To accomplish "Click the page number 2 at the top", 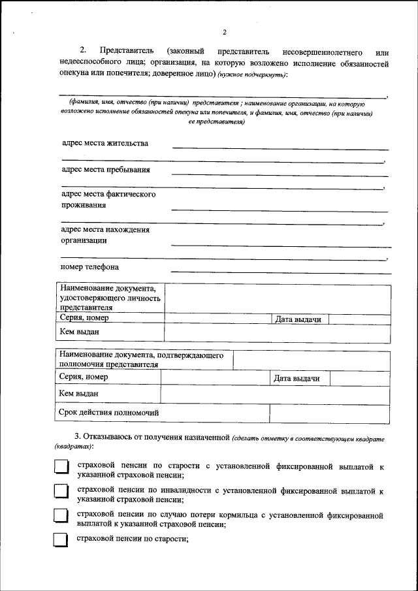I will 224,32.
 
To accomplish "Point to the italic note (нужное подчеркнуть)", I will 252,76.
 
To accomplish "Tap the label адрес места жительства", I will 105,143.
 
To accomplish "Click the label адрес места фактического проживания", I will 108,200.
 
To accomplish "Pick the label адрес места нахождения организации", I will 105,234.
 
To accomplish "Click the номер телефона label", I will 89,266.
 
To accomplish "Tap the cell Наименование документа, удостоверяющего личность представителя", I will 110,297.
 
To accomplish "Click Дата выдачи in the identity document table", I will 298,319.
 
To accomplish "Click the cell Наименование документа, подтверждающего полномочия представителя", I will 142,360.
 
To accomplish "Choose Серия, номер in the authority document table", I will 83,377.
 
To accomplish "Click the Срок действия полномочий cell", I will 109,413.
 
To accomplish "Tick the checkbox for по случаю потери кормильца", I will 61,516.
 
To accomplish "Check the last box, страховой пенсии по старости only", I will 61,539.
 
